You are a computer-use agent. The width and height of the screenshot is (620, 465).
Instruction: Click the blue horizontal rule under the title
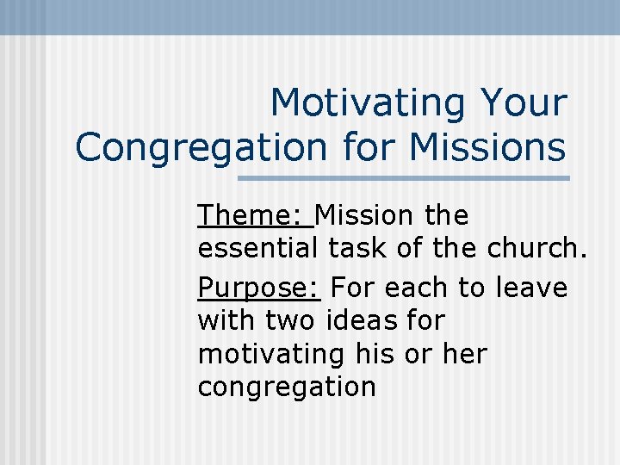[403, 178]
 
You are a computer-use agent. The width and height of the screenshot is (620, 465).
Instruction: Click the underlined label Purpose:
[259, 287]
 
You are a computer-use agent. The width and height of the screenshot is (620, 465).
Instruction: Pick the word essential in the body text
[258, 250]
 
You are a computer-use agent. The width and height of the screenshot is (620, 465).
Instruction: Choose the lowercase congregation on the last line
[287, 387]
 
